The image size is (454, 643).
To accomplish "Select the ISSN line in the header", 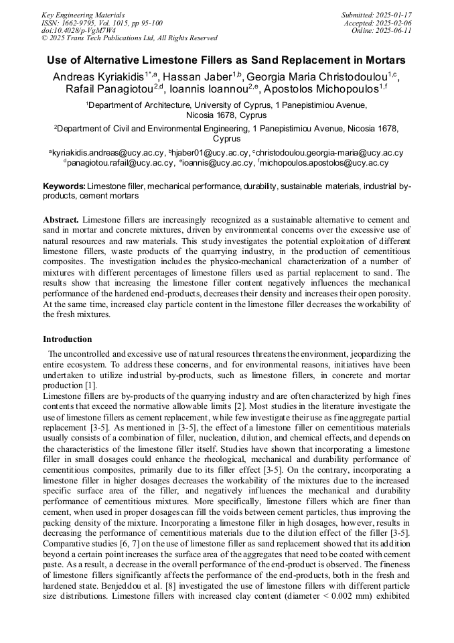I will coord(101,22).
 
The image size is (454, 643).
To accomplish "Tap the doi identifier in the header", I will coord(78,30).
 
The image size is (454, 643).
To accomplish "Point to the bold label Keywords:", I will coord(64,186).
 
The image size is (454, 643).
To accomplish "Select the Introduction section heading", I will coord(68,339).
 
